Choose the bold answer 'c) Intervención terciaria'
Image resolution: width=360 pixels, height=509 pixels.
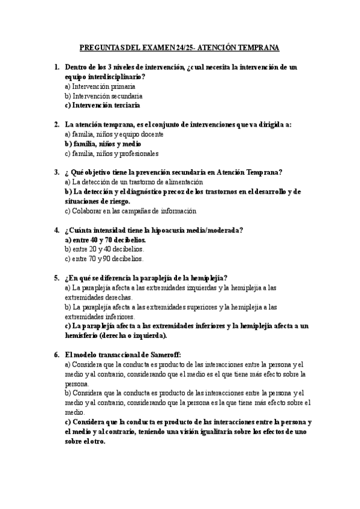click(x=102, y=105)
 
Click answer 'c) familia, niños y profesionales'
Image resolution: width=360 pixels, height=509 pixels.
click(x=111, y=153)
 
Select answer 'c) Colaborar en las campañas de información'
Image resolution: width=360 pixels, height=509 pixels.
click(x=130, y=211)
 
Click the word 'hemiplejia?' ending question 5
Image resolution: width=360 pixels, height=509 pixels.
click(x=206, y=278)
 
